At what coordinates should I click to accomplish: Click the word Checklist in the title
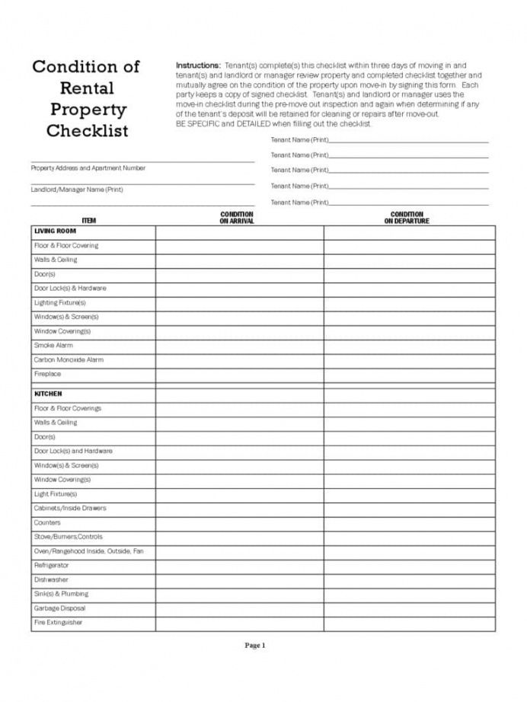pos(88,130)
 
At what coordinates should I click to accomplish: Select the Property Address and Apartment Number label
pos(88,168)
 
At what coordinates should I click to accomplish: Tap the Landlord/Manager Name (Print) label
pos(77,189)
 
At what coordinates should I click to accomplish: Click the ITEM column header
pos(89,221)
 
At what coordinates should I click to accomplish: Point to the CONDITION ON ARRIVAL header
pos(236,218)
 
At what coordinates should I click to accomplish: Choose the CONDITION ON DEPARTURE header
pos(407,218)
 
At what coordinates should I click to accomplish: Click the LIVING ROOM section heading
pos(54,231)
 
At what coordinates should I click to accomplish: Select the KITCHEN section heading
pos(48,394)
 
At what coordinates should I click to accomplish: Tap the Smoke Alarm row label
pos(53,345)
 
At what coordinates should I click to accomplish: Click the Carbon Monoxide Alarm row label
pos(69,359)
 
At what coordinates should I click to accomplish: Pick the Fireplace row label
pos(47,374)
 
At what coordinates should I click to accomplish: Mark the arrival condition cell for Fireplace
pos(239,374)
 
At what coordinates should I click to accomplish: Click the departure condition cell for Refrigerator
pos(409,566)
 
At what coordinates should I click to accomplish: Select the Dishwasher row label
pos(51,579)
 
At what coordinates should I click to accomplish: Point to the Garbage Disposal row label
pos(59,608)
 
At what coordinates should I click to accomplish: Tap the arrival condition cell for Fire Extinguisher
pos(239,623)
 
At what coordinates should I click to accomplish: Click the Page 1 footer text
pos(254,646)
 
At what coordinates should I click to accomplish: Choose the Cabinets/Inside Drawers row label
pos(70,508)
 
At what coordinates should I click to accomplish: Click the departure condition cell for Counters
pos(409,522)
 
